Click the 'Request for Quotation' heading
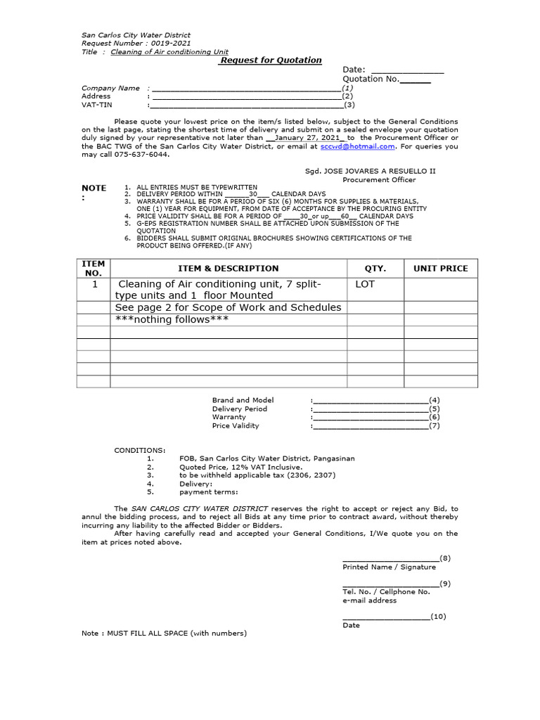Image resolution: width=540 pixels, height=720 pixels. (271, 60)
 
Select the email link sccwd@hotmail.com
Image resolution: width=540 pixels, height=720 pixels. (357, 147)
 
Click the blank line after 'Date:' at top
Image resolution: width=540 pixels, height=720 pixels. (407, 70)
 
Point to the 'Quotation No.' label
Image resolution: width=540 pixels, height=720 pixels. (371, 79)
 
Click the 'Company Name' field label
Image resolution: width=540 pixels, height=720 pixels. (110, 89)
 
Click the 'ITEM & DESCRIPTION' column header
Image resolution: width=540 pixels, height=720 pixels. (229, 269)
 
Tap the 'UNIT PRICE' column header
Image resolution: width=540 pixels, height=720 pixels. (440, 269)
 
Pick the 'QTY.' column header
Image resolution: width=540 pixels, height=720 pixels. (375, 269)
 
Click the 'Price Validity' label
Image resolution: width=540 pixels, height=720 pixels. (236, 426)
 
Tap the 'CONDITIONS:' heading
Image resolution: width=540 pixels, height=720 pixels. (141, 449)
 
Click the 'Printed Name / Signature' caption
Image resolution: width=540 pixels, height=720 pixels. (389, 567)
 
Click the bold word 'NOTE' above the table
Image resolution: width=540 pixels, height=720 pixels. (94, 188)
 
